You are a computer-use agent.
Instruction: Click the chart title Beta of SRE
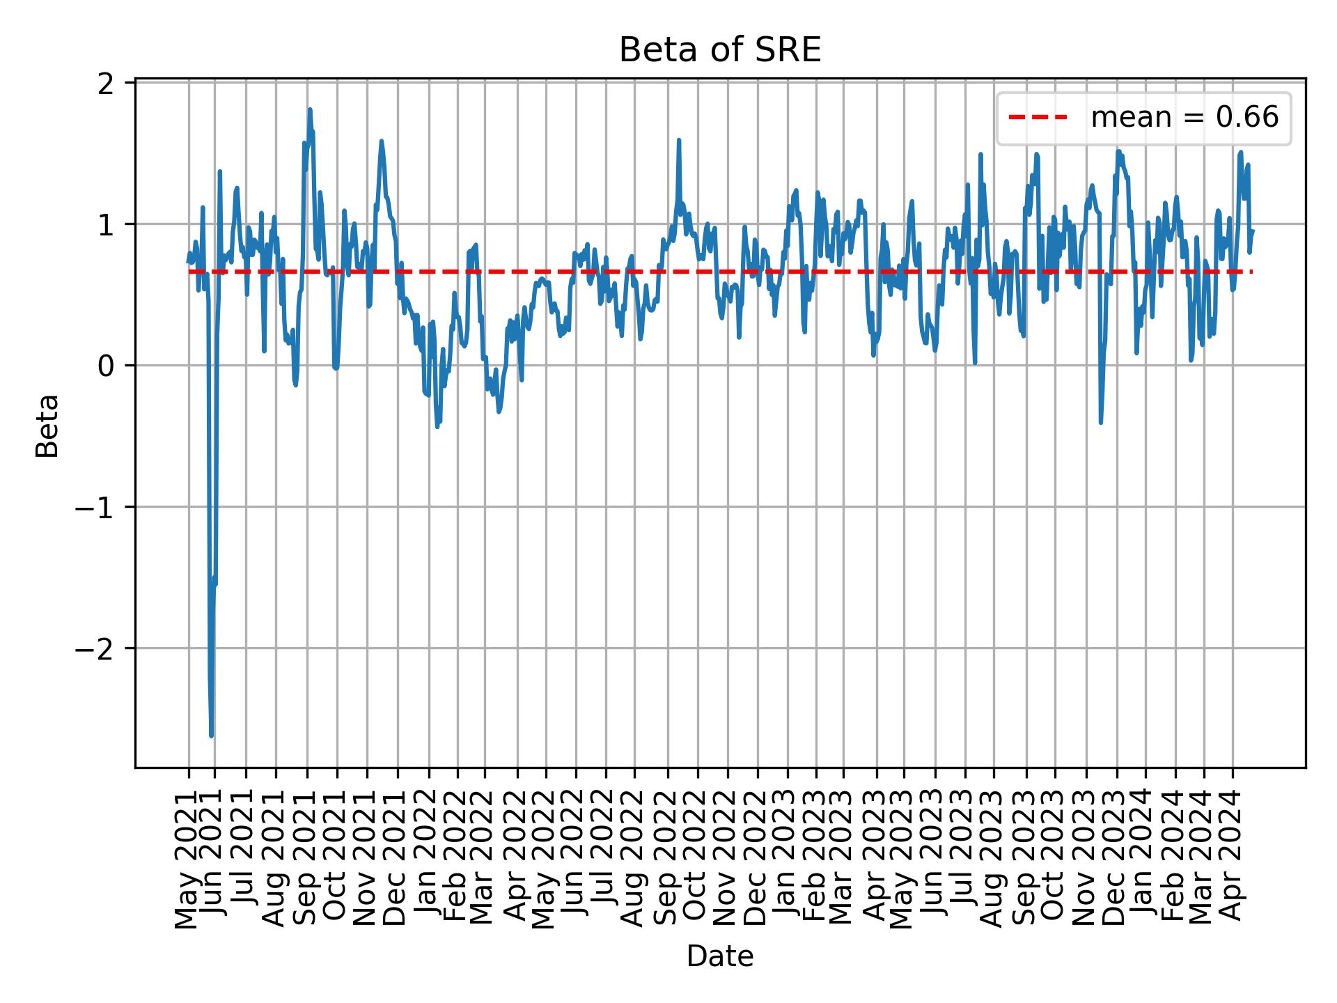point(720,50)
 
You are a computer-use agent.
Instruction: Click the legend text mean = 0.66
point(1184,118)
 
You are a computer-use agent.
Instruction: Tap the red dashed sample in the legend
point(1038,118)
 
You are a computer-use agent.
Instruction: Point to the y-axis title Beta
point(47,425)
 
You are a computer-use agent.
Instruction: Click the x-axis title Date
point(720,956)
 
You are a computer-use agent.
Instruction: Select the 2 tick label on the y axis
point(107,84)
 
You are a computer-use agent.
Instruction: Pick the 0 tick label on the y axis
point(107,366)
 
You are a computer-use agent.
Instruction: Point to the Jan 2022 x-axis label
point(427,860)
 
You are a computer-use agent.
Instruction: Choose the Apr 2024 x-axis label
point(1233,860)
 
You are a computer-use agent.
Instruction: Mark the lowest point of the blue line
point(211,736)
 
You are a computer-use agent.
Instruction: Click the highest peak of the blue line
point(310,109)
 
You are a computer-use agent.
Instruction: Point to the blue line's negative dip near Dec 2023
point(1100,422)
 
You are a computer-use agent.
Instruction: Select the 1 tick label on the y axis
point(107,225)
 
